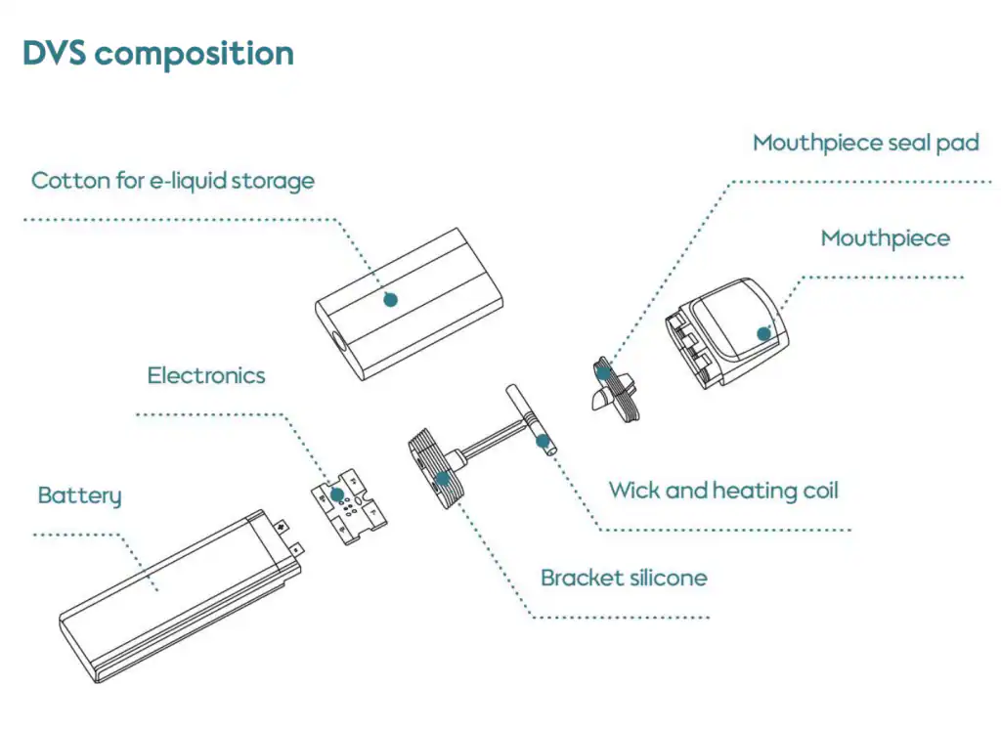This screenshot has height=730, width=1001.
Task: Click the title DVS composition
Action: (157, 53)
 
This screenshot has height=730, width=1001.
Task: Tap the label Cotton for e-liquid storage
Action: (173, 181)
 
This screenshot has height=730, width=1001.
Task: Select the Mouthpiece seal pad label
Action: (865, 144)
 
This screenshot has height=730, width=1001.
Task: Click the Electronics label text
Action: (206, 375)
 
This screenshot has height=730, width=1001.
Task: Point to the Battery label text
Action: (79, 495)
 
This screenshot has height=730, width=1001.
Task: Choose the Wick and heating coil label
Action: (723, 490)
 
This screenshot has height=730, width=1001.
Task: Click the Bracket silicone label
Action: (624, 578)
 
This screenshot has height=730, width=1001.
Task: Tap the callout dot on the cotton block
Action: (390, 299)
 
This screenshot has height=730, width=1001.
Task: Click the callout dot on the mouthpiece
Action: (763, 333)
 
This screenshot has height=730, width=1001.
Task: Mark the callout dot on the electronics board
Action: (337, 494)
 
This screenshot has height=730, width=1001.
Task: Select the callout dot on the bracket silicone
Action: (443, 478)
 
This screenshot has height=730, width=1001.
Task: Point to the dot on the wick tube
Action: (542, 441)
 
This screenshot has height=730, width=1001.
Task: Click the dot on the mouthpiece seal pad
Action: (605, 370)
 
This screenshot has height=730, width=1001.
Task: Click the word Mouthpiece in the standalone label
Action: (885, 238)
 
